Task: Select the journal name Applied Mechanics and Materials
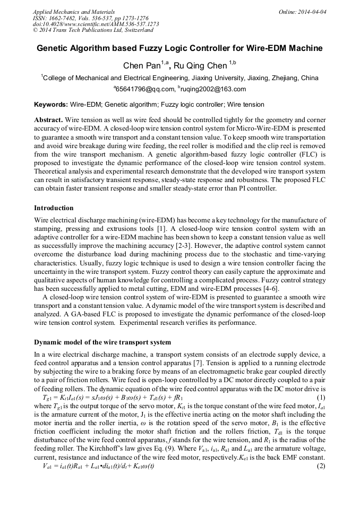pos(73,11)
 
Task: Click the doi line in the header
pos(96,24)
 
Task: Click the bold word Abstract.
pos(49,120)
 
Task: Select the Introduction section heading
pos(54,208)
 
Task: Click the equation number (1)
pos(321,397)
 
